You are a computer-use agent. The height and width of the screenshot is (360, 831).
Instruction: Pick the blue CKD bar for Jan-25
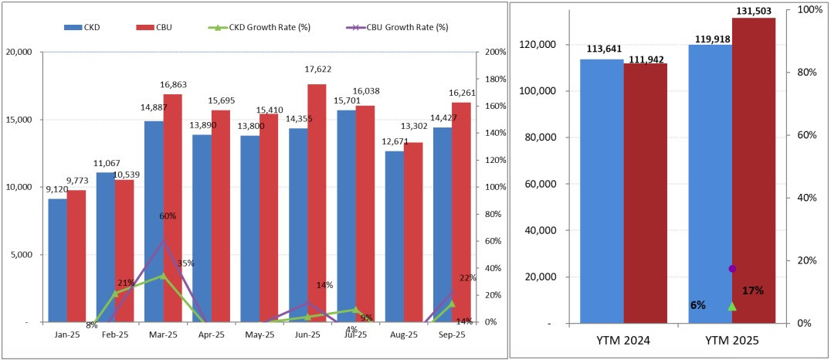(57, 260)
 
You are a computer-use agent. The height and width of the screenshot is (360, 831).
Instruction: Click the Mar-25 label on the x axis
(162, 335)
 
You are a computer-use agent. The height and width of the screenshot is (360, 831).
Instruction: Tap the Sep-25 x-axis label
(451, 335)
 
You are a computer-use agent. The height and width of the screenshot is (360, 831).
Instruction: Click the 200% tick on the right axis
(496, 52)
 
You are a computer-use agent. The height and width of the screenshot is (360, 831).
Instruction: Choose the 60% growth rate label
(168, 216)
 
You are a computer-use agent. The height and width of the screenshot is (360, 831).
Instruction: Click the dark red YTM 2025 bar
(753, 170)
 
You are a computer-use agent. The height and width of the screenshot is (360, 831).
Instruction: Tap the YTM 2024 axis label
(623, 340)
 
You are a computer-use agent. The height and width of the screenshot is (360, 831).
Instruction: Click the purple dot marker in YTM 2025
(732, 268)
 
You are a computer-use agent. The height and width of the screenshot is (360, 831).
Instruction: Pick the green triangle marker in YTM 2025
(732, 306)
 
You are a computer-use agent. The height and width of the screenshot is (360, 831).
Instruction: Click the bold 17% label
(753, 290)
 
